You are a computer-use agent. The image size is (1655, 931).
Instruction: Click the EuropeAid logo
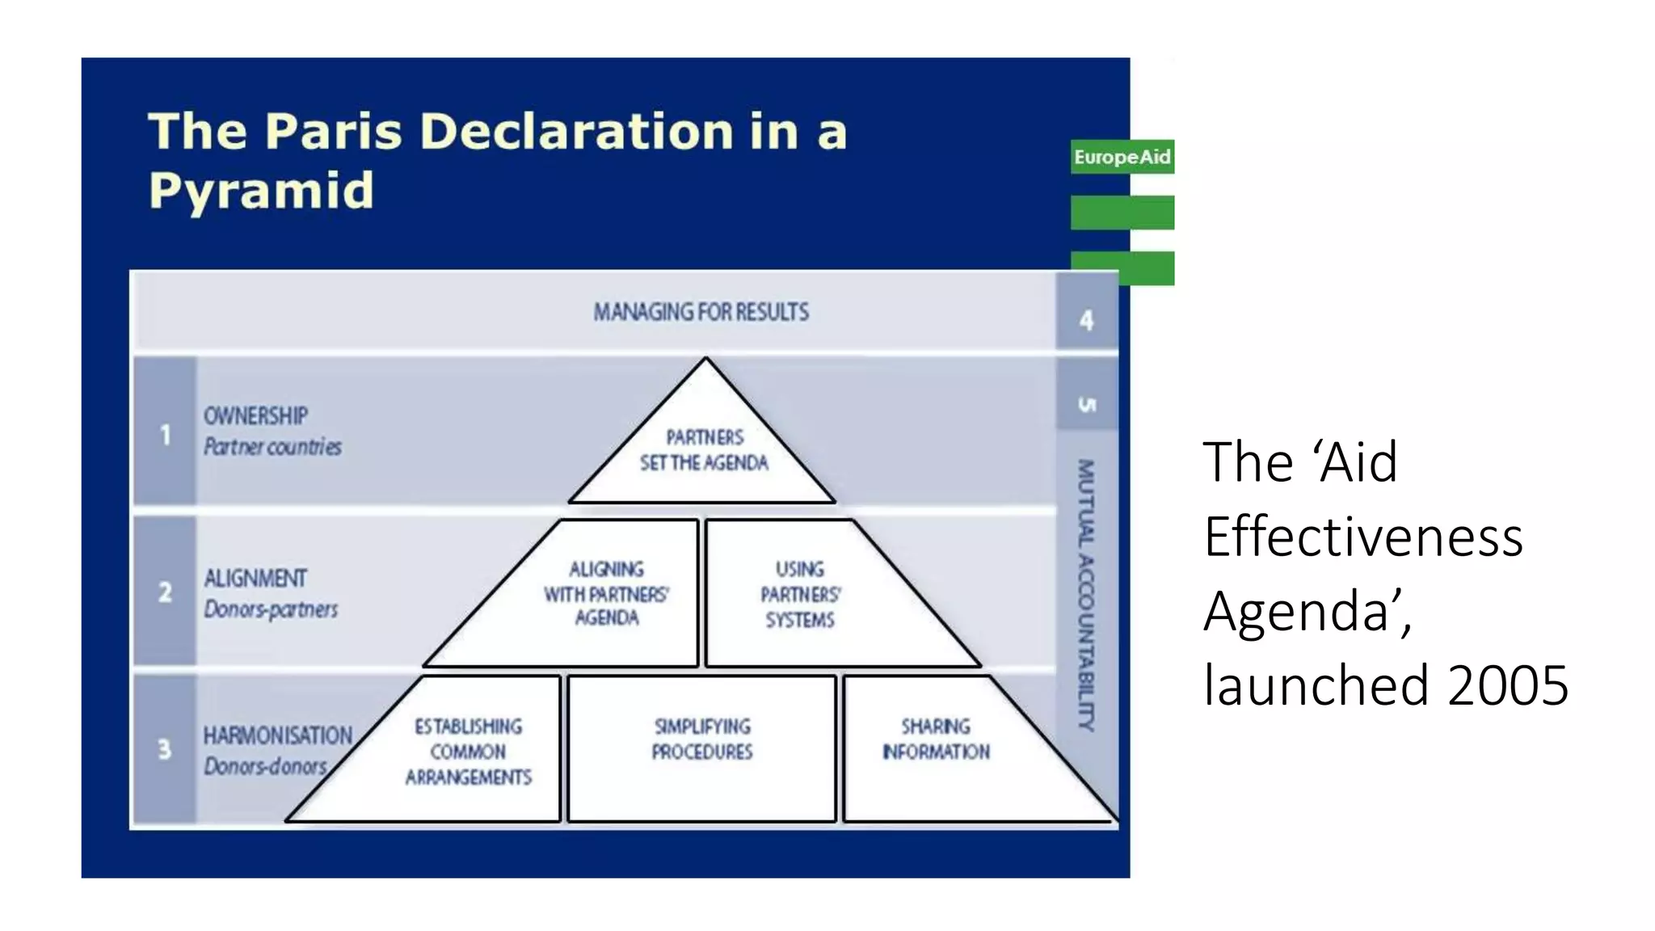[1122, 157]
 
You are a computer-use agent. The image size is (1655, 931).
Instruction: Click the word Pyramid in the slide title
[261, 192]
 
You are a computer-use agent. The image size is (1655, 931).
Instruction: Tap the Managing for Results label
[701, 312]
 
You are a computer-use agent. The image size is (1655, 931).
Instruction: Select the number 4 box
[1086, 320]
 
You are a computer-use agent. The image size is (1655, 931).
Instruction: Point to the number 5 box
[1087, 403]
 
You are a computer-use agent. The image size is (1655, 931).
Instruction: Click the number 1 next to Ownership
[165, 435]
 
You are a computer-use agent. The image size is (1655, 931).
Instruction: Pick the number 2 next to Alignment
[165, 592]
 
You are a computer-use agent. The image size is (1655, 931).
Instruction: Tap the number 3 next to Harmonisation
[165, 749]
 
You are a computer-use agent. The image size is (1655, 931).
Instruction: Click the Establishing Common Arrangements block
[468, 752]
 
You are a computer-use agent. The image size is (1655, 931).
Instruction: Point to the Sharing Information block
[935, 739]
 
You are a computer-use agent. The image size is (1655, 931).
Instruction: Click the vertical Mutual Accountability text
[1086, 595]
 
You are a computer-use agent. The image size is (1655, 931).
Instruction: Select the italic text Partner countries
[272, 447]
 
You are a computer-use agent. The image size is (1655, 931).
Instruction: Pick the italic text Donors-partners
[271, 609]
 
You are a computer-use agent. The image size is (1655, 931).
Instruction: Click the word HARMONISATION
[277, 735]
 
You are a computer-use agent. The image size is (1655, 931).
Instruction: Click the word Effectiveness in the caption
[1363, 537]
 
